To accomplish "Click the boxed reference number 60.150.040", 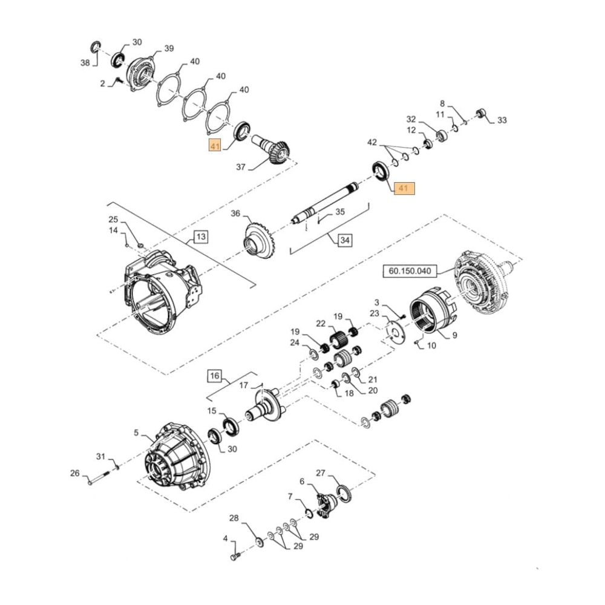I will click(x=416, y=272).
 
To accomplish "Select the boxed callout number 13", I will click(x=201, y=236).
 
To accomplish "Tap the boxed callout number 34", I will click(x=344, y=240).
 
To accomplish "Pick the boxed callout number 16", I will click(x=215, y=376).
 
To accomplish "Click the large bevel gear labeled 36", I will click(x=257, y=240).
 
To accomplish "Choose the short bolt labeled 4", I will click(x=235, y=555).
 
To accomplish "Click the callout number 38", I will click(x=85, y=62).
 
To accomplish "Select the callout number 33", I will click(x=502, y=120).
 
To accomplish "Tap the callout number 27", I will click(x=321, y=473).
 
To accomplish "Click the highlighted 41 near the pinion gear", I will click(x=215, y=146).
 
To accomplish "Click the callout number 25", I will click(x=113, y=219).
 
